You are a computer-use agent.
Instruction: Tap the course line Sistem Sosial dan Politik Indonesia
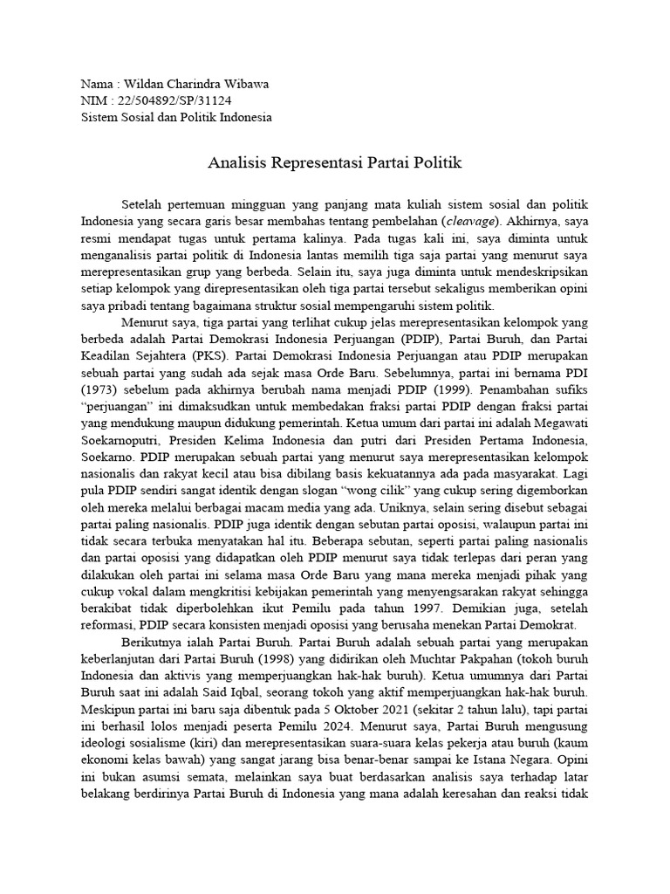click(175, 118)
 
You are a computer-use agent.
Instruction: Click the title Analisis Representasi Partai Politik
click(335, 162)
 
